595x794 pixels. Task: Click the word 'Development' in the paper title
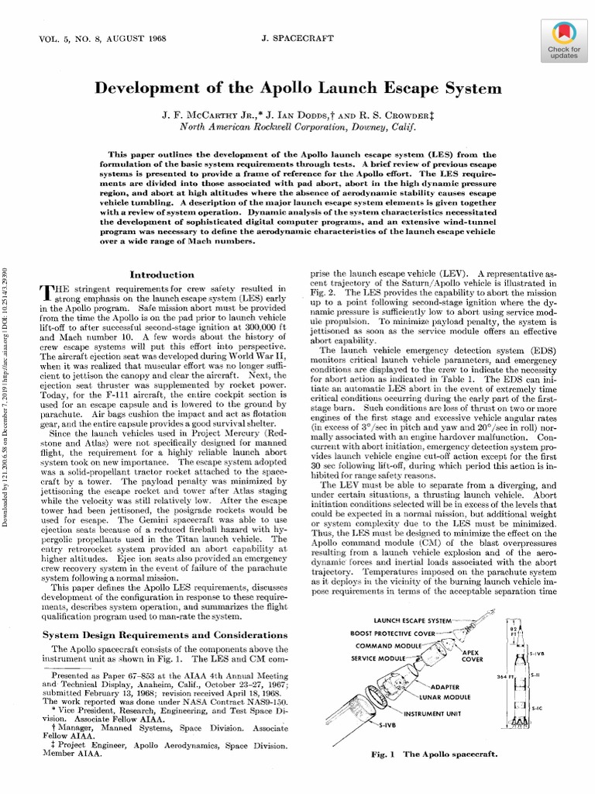[x=146, y=88]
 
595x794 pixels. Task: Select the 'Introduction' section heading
[x=161, y=274]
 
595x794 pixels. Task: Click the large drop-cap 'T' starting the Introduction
[x=46, y=292]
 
